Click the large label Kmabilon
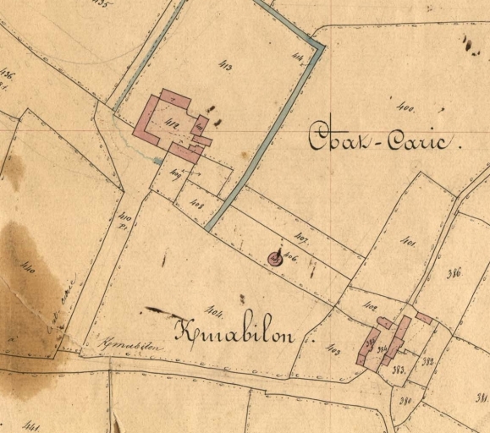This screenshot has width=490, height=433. click(234, 332)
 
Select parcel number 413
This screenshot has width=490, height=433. click(224, 65)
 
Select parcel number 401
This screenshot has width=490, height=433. click(407, 242)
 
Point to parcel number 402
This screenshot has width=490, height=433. click(369, 305)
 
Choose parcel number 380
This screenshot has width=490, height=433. click(405, 401)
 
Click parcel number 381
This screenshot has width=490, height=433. click(482, 398)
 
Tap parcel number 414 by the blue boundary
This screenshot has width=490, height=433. click(297, 58)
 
